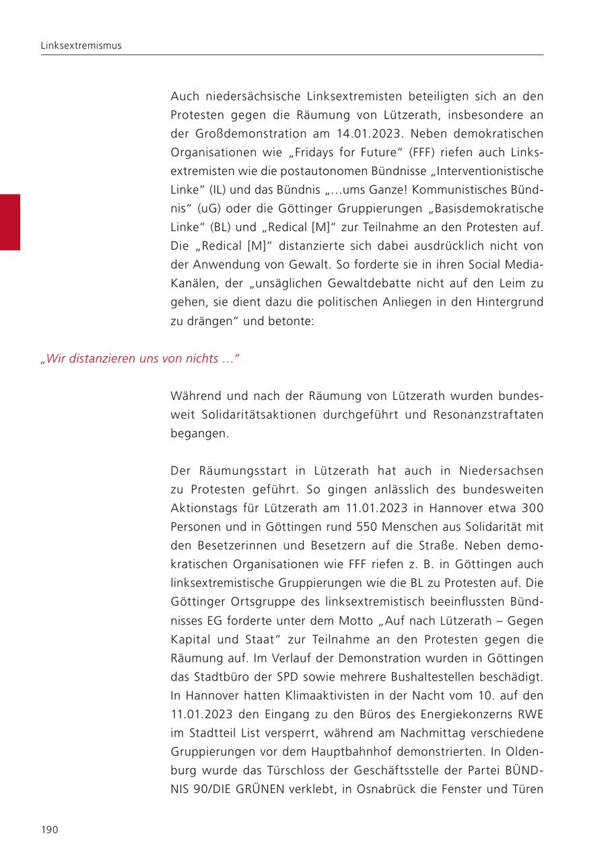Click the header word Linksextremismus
coord(81,46)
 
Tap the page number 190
coord(50,829)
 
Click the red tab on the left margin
coord(10,222)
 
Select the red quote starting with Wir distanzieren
coord(140,359)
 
